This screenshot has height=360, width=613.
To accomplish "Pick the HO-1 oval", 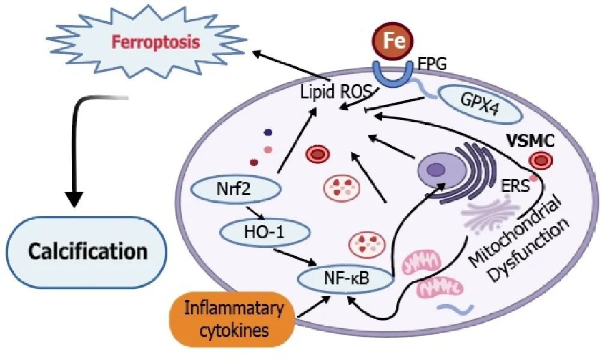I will pyautogui.click(x=261, y=231).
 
